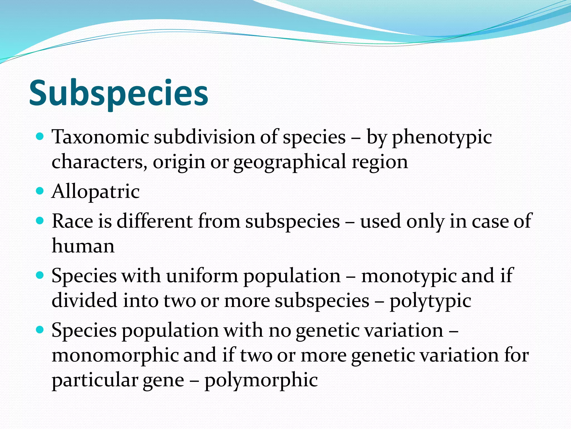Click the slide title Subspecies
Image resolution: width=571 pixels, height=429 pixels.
[118, 93]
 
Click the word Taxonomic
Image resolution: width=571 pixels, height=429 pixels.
[100, 137]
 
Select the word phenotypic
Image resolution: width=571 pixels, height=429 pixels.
[442, 138]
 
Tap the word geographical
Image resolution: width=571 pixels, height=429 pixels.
[290, 162]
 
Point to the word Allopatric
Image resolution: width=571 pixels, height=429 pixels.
[96, 192]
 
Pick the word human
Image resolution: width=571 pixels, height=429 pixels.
[83, 246]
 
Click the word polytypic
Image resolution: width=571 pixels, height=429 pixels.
[430, 301]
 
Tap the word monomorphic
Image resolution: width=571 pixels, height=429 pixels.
[115, 355]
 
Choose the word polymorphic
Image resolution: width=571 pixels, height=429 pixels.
[261, 380]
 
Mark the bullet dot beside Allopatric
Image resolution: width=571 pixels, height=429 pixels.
[40, 191]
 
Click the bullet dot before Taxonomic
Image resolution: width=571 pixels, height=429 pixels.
[40, 137]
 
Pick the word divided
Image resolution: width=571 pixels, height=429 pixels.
[84, 301]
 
